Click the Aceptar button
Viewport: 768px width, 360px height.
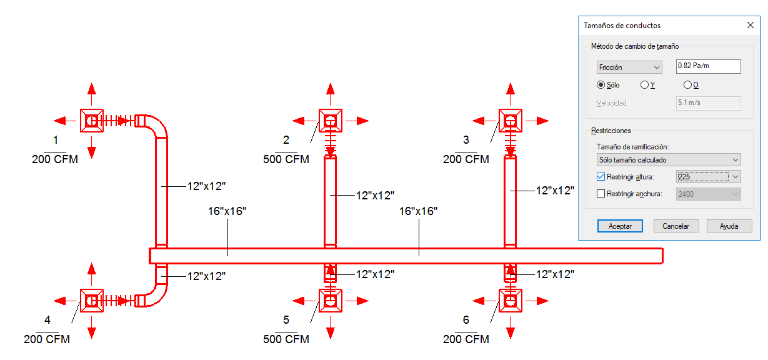coord(620,226)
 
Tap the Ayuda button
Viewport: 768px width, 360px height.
coord(729,226)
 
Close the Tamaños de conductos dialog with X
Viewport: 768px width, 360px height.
coord(751,25)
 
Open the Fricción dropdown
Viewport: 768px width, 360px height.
coord(629,67)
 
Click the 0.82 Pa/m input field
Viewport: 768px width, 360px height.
coord(709,66)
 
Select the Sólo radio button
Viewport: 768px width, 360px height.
coord(601,84)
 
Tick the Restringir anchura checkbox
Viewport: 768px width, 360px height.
coord(601,194)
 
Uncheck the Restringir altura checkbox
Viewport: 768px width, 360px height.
coord(601,177)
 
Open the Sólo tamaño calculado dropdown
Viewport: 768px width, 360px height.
coord(669,160)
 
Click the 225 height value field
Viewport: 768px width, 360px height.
coord(703,177)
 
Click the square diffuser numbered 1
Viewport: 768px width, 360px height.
coord(91,121)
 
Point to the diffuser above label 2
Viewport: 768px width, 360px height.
coord(330,121)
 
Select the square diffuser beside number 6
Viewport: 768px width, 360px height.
coord(510,301)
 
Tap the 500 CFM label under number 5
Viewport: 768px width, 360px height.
coord(286,339)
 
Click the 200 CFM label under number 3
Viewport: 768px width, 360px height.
coord(466,159)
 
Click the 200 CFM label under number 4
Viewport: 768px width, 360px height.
coord(47,339)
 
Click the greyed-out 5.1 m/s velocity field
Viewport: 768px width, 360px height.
coord(709,103)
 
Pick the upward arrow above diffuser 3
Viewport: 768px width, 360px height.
coord(510,94)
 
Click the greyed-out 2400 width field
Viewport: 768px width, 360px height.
coord(709,194)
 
